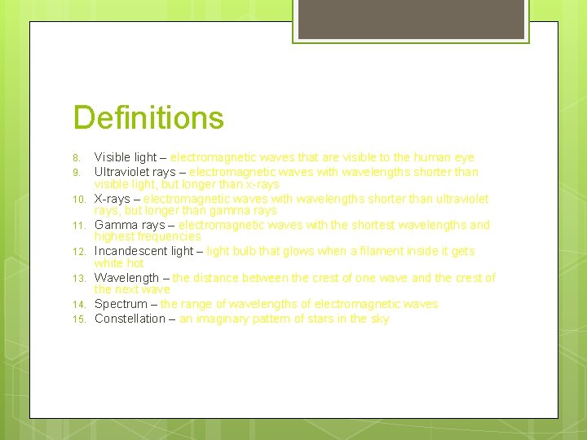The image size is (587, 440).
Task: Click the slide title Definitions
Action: pyautogui.click(x=148, y=117)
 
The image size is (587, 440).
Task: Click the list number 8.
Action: pyautogui.click(x=76, y=157)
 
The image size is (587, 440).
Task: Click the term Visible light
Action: pyautogui.click(x=126, y=157)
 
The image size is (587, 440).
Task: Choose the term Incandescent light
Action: pyautogui.click(x=143, y=251)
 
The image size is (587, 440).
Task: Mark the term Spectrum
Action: pyautogui.click(x=121, y=304)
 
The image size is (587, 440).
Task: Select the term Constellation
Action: pyautogui.click(x=130, y=319)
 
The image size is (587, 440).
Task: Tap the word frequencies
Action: pyautogui.click(x=170, y=236)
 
